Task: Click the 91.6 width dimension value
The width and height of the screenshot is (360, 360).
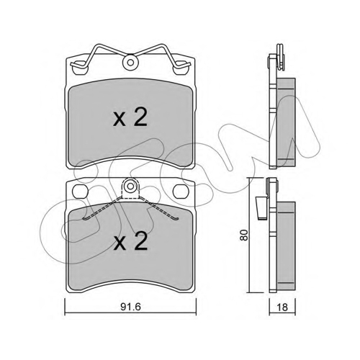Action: (x=130, y=307)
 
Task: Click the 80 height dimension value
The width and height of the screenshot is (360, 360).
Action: (x=244, y=235)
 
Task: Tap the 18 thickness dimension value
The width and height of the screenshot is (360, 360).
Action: (x=282, y=307)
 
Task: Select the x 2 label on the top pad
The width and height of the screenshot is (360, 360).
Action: (x=130, y=118)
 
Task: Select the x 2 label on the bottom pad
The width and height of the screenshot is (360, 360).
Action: (x=130, y=242)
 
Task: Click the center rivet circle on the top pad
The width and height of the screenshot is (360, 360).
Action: (x=130, y=63)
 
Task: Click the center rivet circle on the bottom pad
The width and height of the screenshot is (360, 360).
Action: (x=130, y=186)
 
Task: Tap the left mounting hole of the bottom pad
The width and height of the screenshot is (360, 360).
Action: (x=79, y=192)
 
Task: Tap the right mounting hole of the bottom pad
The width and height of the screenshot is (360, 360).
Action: (x=181, y=192)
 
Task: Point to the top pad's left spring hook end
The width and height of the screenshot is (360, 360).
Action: (x=72, y=64)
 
